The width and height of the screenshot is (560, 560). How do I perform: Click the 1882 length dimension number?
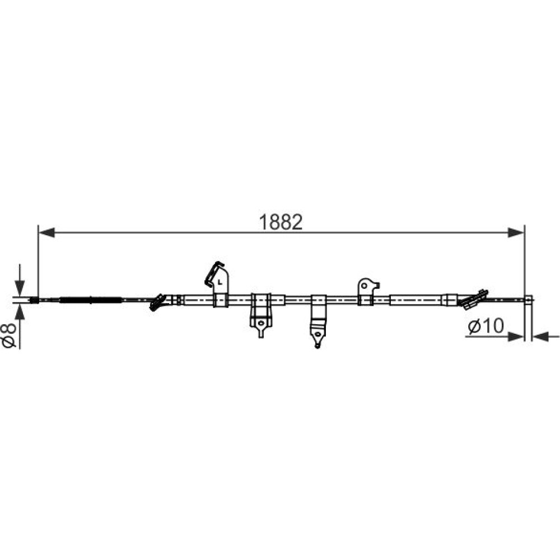(x=281, y=222)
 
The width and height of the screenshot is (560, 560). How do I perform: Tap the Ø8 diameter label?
(x=10, y=335)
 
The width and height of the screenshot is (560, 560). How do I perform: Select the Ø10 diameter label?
(x=486, y=325)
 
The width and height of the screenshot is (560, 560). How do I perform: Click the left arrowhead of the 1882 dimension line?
(x=46, y=232)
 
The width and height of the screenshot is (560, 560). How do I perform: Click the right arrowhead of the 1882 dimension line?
(x=516, y=232)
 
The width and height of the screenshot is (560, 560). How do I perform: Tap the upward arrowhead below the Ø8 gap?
(x=20, y=312)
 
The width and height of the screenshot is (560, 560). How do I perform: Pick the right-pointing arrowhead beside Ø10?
(x=516, y=337)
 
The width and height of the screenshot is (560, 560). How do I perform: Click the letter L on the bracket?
(x=220, y=282)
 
